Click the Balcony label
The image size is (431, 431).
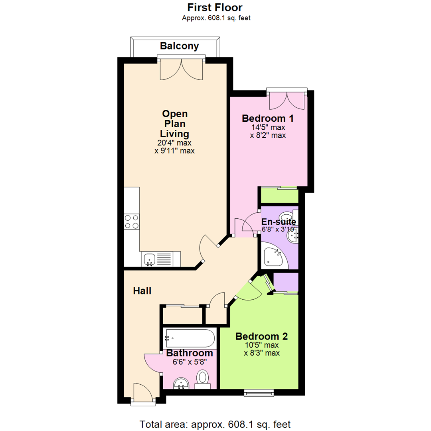pos(179,46)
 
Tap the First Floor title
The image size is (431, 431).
pos(215,8)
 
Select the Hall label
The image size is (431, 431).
pos(142,291)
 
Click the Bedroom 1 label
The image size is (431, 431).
pos(268,119)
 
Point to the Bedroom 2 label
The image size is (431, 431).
pos(262,336)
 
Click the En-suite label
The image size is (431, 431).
pos(279,221)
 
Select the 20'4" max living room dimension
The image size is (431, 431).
pos(174,143)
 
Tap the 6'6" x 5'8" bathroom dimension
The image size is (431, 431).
pos(190,362)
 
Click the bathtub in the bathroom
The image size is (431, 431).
pos(190,338)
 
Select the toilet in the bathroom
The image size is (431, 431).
pos(203,380)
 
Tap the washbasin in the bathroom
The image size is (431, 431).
pos(181,384)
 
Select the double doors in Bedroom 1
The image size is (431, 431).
pos(287,100)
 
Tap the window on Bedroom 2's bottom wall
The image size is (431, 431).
pos(259,393)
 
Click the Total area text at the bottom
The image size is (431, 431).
pos(215,425)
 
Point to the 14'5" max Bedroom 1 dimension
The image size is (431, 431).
pos(268,128)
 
